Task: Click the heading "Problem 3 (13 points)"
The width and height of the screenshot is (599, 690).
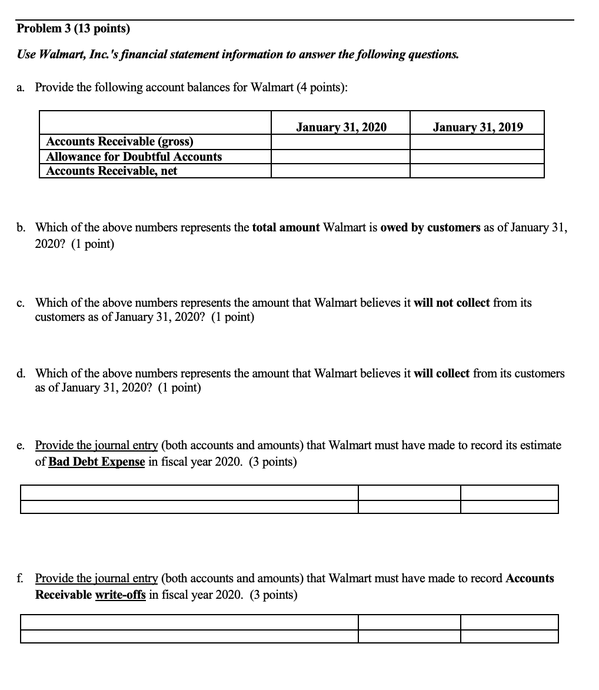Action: click(x=74, y=28)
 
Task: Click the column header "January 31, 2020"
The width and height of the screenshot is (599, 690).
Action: click(x=341, y=127)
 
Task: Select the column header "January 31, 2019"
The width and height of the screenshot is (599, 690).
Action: click(x=477, y=127)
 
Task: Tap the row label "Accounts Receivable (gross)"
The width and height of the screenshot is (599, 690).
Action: click(x=119, y=141)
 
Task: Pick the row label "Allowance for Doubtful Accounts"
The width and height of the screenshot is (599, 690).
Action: click(x=134, y=157)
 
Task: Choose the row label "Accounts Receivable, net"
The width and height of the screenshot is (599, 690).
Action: click(x=112, y=171)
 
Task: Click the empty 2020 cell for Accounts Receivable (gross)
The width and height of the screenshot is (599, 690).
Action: click(x=341, y=142)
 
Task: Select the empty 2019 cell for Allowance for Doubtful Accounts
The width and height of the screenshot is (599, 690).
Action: click(x=477, y=157)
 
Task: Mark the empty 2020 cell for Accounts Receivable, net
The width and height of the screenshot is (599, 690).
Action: click(x=341, y=171)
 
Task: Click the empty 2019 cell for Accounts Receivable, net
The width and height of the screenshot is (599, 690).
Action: click(x=477, y=171)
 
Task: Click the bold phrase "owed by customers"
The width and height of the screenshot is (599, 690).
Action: click(x=431, y=228)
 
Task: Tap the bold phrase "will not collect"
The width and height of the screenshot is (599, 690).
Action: click(x=452, y=303)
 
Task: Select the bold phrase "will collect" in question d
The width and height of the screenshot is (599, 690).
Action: click(x=442, y=373)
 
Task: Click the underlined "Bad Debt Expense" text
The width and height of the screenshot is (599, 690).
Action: click(x=96, y=462)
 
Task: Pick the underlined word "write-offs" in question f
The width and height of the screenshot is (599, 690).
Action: click(x=120, y=595)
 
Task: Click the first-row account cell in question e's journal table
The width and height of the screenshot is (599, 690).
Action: click(x=189, y=493)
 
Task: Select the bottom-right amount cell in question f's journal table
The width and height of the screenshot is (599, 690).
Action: click(x=510, y=636)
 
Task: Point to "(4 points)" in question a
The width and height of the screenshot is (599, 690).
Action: click(x=322, y=87)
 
